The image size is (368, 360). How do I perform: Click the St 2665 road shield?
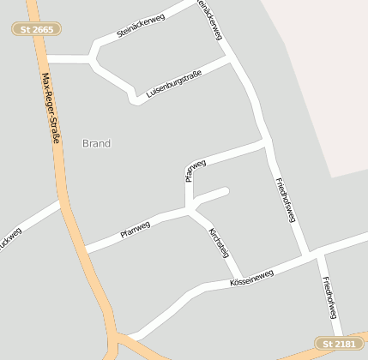click(36, 29)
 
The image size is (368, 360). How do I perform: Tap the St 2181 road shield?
click(337, 345)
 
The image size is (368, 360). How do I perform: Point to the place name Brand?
click(96, 143)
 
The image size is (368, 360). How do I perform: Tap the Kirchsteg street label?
click(220, 242)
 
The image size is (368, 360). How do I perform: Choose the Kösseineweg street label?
click(252, 278)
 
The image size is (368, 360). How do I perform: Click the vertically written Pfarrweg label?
click(194, 171)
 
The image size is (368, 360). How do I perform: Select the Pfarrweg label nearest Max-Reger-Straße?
click(135, 229)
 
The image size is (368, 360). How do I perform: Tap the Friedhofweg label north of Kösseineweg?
click(286, 200)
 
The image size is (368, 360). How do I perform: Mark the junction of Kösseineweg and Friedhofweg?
click(313, 255)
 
